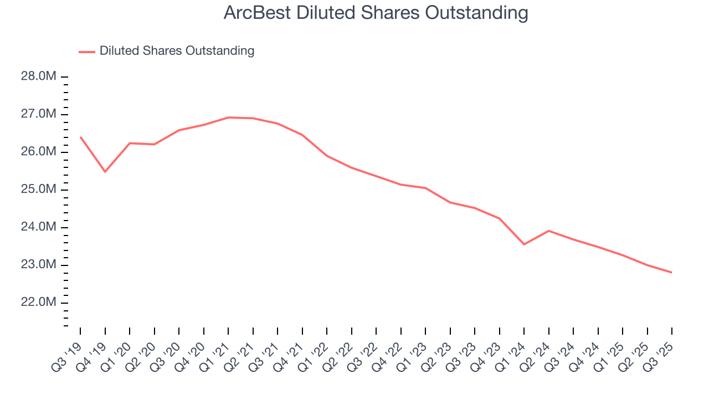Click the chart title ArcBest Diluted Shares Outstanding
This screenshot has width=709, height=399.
[376, 13]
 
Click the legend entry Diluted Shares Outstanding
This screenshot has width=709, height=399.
[177, 51]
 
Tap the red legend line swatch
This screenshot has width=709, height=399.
[87, 52]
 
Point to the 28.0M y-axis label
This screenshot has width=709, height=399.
[39, 76]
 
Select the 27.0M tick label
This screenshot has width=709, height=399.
[39, 114]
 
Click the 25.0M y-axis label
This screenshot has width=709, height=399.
[39, 190]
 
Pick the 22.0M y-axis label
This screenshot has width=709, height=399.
[39, 303]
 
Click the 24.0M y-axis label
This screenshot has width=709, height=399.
[39, 227]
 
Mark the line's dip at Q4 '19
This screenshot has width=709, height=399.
[105, 172]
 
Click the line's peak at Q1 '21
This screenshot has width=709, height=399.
[228, 117]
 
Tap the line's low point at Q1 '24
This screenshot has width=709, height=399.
[524, 244]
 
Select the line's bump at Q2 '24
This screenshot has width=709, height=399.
[548, 231]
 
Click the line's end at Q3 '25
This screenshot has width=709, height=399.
[672, 273]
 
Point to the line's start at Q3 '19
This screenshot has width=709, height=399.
[80, 137]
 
